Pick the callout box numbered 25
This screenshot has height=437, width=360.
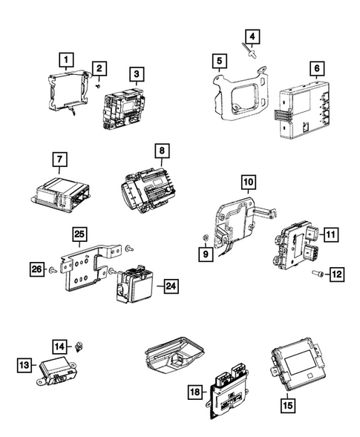coord(79,236)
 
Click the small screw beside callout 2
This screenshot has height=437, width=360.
coord(97,85)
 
